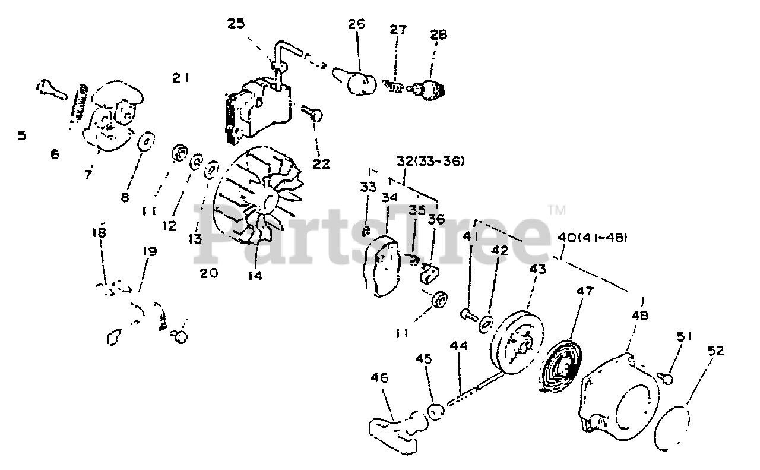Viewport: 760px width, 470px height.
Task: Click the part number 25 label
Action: click(235, 24)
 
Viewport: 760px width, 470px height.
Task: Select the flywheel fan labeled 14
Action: click(255, 196)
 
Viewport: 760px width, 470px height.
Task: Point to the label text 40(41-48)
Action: click(593, 239)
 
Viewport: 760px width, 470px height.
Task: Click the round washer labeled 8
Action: click(144, 143)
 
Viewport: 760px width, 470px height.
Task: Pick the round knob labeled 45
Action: click(436, 412)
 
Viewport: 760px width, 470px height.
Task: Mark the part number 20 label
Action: click(209, 273)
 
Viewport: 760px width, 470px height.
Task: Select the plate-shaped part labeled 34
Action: click(384, 266)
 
